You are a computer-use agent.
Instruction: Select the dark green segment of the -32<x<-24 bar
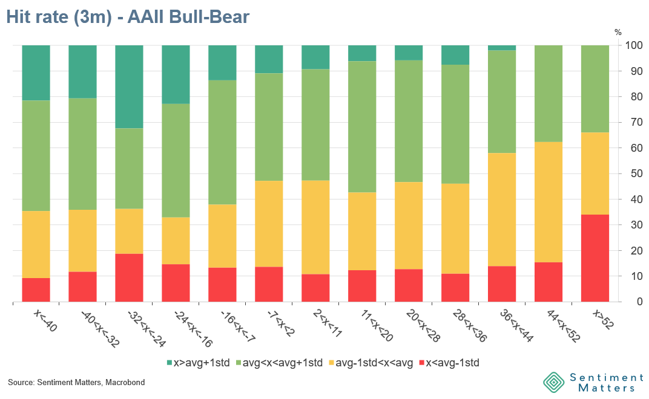[x=129, y=86]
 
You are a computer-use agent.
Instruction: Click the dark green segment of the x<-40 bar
[x=36, y=73]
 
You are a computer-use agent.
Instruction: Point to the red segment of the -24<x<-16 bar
[x=176, y=283]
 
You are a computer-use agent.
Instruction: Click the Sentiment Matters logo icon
[x=553, y=382]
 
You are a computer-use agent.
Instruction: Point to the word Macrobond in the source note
[x=125, y=383]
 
